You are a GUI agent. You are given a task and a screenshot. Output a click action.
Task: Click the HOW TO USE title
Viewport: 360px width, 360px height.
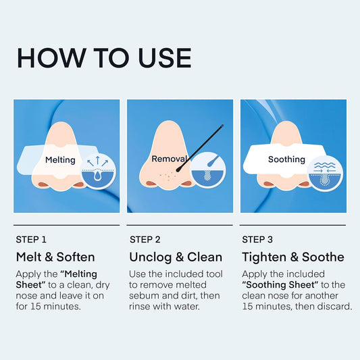pos(104,58)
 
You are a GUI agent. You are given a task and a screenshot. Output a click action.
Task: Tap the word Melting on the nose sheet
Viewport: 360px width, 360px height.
pos(60,160)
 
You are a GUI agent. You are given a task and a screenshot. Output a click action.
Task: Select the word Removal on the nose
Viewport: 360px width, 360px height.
pos(170,159)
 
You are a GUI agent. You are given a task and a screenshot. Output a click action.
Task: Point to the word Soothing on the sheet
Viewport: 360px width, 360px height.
pos(286,159)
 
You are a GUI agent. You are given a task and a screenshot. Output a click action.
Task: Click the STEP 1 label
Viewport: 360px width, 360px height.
pos(31,240)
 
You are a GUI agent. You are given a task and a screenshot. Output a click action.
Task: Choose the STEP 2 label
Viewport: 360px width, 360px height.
pos(145,240)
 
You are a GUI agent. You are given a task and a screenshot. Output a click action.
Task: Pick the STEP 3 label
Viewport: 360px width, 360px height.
pos(257,240)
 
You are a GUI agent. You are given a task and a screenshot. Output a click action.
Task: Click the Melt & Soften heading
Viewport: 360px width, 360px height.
pos(55,257)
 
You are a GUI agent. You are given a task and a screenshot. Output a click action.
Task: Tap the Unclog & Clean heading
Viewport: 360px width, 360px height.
pos(176,257)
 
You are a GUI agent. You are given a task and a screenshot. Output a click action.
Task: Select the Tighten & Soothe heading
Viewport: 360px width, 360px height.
pos(293,257)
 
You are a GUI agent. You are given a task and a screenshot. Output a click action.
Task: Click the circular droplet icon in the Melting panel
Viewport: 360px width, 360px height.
pos(98,172)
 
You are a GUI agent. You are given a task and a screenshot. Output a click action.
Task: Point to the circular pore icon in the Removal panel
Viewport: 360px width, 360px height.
pos(208,170)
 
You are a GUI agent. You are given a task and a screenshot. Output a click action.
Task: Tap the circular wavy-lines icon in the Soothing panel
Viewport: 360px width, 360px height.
pos(325,174)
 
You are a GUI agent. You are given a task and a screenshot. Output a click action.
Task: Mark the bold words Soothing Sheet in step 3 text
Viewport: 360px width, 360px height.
pos(280,285)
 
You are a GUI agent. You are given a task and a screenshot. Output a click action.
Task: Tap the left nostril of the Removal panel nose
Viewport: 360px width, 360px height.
pos(151,184)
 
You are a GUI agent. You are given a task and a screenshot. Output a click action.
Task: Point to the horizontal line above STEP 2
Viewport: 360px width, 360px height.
pos(180,225)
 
